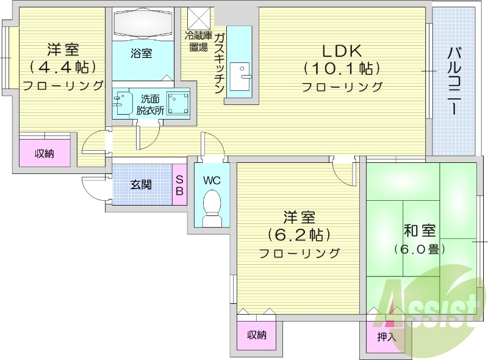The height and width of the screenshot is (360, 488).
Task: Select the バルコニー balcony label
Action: coord(454,79)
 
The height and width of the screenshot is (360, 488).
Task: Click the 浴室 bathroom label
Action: coord(142,54)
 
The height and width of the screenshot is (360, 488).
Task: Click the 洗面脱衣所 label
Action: coord(150,104)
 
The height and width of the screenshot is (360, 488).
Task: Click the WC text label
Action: coord(212,181)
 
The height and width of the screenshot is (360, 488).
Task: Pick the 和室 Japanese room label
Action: coord(420,231)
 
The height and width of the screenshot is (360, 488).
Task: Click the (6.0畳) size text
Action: coord(419,249)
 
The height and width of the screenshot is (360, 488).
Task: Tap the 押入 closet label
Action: coord(387,336)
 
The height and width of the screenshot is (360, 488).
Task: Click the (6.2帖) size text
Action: coord(299,234)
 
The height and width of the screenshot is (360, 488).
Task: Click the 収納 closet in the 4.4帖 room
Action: coord(44,153)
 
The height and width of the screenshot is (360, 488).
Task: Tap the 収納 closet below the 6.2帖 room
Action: coord(257,334)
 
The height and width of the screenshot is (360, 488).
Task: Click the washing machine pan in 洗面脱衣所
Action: coord(178,103)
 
